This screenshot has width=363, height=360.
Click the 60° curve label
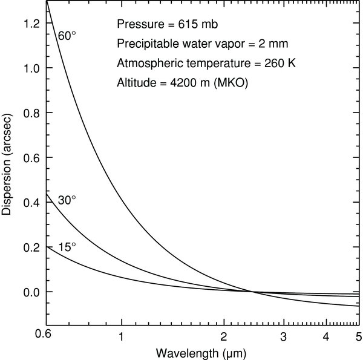click(x=66, y=36)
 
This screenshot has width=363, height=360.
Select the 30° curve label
click(x=66, y=201)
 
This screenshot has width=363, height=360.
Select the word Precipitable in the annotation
click(x=145, y=44)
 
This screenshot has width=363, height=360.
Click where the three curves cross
click(x=253, y=292)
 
